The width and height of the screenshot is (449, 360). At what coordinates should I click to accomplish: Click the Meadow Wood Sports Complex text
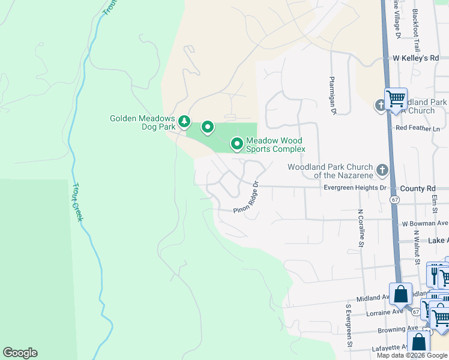click(x=276, y=144)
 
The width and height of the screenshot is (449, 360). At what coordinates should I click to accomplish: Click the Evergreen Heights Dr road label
click(x=355, y=188)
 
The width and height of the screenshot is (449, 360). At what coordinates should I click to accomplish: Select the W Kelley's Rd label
click(x=416, y=58)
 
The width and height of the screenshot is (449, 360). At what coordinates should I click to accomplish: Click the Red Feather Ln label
click(x=417, y=128)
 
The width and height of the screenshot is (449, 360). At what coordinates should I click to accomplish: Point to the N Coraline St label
click(x=361, y=228)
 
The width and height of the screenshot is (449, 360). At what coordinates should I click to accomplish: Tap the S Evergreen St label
click(x=348, y=326)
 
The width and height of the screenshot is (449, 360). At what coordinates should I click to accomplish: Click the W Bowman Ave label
click(x=425, y=223)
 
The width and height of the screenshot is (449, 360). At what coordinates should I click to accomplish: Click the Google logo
click(x=20, y=353)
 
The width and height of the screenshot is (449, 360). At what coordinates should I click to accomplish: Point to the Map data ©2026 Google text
click(x=412, y=355)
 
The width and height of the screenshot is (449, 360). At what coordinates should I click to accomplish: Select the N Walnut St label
click(x=416, y=247)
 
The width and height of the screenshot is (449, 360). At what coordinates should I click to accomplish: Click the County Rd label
click(x=418, y=188)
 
